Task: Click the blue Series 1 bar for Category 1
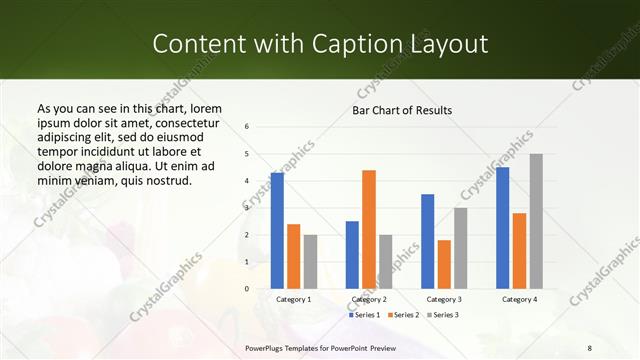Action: click(277, 231)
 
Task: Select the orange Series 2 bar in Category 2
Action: click(369, 229)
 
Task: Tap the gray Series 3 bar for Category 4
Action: click(536, 221)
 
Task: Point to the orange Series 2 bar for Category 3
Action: click(444, 264)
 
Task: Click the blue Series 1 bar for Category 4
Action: click(502, 228)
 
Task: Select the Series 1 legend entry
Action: click(367, 315)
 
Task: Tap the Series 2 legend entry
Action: click(403, 315)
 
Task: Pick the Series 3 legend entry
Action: click(441, 315)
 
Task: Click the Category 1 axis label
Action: click(294, 299)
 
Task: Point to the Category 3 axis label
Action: click(444, 299)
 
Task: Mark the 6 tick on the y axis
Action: click(247, 127)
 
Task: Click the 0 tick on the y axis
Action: click(247, 289)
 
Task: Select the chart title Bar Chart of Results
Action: click(402, 110)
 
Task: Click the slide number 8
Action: click(590, 347)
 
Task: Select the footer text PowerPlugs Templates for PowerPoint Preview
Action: click(319, 347)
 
